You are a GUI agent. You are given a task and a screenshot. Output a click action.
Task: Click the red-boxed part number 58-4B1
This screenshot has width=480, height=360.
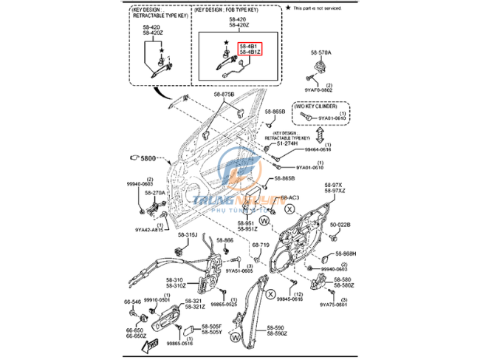point(248,46)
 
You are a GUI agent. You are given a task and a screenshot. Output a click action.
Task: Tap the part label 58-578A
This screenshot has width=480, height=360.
point(321,54)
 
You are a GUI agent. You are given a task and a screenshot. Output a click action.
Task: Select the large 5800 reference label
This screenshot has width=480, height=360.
point(148,159)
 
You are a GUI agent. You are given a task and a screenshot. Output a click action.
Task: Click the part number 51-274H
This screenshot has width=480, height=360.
point(287,143)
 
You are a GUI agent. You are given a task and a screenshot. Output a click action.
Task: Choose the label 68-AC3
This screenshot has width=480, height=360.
point(291,198)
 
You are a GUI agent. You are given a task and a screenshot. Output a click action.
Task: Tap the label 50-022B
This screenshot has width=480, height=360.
point(340,225)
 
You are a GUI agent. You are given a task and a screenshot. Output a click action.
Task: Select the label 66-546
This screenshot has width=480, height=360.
point(132,302)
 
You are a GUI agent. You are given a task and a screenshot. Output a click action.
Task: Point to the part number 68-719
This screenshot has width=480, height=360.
point(261,245)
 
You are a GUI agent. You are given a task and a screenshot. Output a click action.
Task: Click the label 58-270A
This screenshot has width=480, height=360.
point(155,192)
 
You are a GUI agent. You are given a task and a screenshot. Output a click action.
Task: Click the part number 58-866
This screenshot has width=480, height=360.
point(224,241)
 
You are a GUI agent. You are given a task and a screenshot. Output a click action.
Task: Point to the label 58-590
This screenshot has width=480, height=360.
point(275,327)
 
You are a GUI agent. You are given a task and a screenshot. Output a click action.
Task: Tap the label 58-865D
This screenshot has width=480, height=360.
point(284,178)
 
